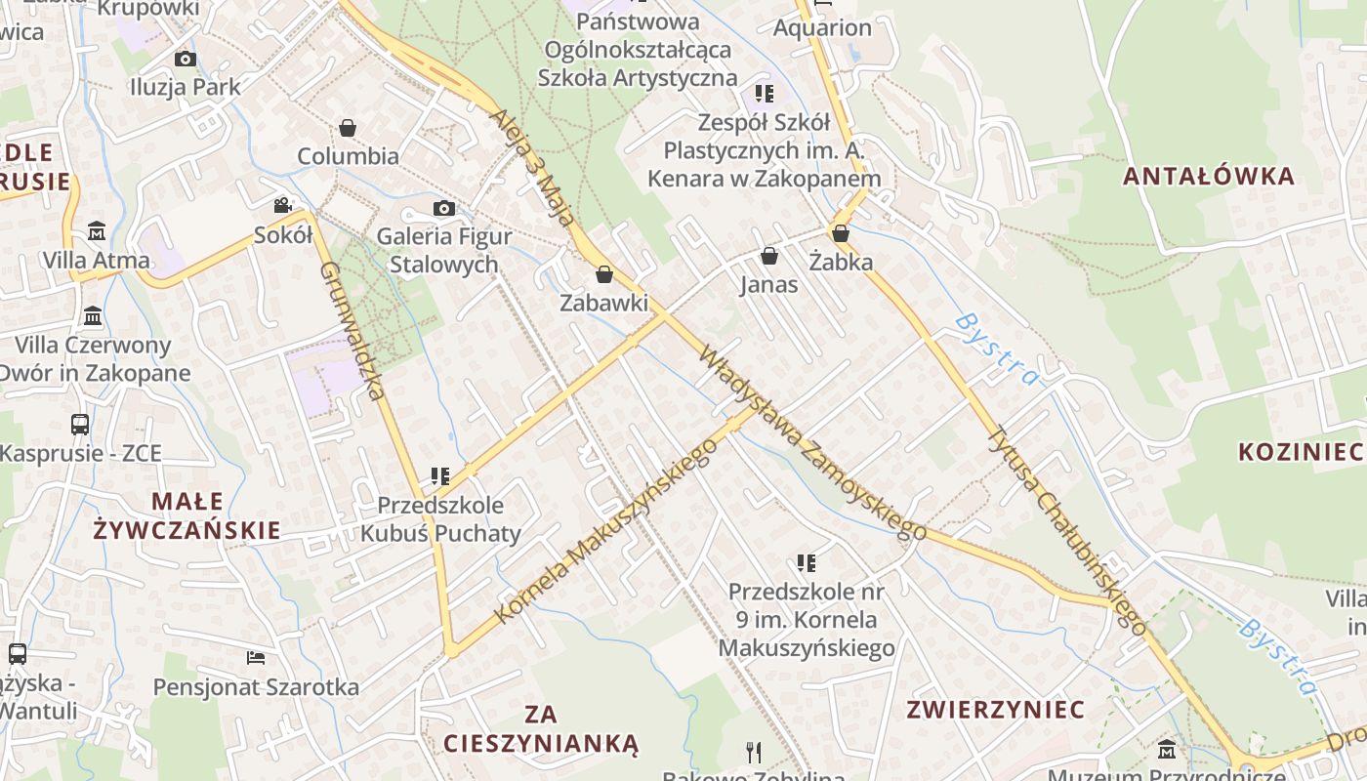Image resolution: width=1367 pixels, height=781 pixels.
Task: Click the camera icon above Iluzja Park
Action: coord(186,59)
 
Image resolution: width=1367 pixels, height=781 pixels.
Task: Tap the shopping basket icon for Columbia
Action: coord(347,128)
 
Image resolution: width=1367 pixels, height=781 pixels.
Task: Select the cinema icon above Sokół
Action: coord(282,205)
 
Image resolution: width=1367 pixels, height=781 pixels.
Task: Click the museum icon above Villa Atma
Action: coord(97,231)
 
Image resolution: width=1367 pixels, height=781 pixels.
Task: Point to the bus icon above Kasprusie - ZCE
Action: coord(80,424)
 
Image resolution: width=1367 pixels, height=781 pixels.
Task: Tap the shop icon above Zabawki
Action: coord(603,274)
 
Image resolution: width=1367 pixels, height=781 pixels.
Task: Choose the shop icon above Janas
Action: coord(769,256)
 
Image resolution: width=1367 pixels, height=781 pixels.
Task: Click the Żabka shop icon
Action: coord(840,233)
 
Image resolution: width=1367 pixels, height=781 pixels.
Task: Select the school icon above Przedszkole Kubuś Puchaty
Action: coord(440,476)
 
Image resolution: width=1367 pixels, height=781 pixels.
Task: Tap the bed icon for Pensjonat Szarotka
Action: coord(256,657)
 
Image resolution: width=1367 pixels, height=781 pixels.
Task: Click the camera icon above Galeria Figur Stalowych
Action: coord(443,208)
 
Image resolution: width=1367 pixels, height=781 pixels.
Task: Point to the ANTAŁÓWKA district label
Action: coord(1209,176)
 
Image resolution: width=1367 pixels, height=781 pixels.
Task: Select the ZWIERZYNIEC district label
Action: coord(995,709)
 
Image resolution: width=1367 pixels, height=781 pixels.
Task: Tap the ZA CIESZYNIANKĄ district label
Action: coord(541,728)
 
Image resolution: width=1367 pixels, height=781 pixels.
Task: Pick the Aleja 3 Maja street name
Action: coord(532,167)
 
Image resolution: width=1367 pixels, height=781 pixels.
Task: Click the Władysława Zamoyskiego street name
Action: coord(811,442)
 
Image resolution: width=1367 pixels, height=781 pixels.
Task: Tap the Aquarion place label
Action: coord(822,27)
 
